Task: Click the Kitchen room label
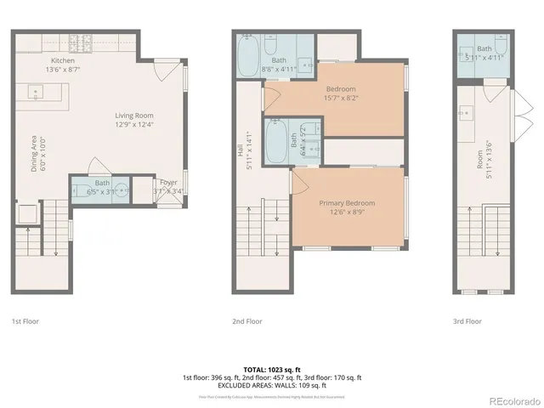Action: [x=62, y=61]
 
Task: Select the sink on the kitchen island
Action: [x=37, y=90]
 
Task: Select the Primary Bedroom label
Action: [x=347, y=203]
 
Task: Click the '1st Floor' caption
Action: [x=25, y=322]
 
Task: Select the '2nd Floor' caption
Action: [x=247, y=322]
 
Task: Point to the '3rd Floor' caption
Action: [x=467, y=322]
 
